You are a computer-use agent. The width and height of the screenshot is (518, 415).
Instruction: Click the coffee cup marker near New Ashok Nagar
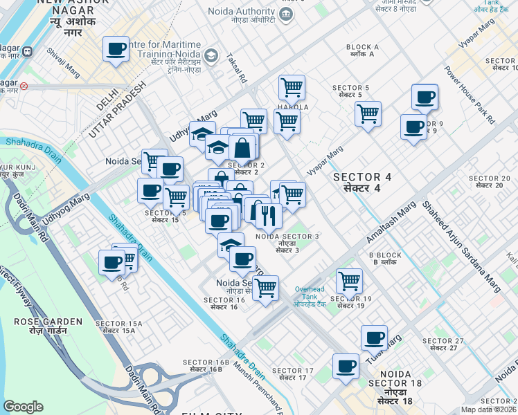pyautogui.click(x=116, y=50)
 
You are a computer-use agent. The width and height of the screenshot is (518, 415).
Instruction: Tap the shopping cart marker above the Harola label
pyautogui.click(x=292, y=88)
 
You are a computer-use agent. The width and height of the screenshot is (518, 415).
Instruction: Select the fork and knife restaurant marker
pyautogui.click(x=268, y=216)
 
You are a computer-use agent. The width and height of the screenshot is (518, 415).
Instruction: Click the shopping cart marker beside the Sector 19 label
pyautogui.click(x=349, y=281)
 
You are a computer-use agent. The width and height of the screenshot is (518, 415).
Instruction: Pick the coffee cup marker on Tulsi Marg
pyautogui.click(x=374, y=338)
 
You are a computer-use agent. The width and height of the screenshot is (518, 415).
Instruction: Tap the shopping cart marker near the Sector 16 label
pyautogui.click(x=265, y=288)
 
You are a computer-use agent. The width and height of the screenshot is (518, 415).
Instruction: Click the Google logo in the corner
pyautogui.click(x=23, y=406)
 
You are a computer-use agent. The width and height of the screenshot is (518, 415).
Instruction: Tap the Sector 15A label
pyautogui.click(x=118, y=328)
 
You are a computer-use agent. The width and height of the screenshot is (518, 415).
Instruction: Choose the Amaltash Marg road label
pyautogui.click(x=391, y=222)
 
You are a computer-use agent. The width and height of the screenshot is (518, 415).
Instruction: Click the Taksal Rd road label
pyautogui.click(x=236, y=69)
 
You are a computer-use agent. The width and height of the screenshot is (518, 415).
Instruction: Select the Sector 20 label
pyautogui.click(x=489, y=183)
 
